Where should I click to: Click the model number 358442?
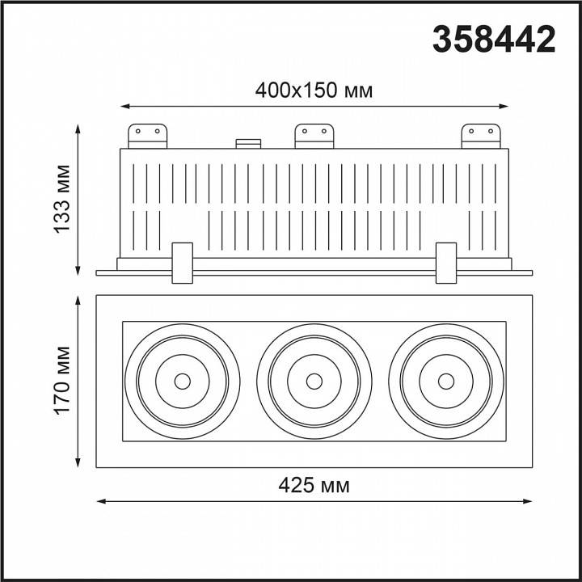pos(494,40)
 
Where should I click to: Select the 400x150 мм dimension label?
pos(314,91)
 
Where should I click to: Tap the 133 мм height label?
pos(61,199)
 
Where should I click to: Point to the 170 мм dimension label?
pos(61,381)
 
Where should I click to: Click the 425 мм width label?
pos(314,485)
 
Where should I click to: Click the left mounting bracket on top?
pos(147,137)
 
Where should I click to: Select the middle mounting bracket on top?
pos(314,137)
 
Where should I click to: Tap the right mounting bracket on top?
pos(481,137)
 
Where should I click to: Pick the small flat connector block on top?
pos(248,144)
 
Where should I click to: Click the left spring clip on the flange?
pos(182,264)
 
